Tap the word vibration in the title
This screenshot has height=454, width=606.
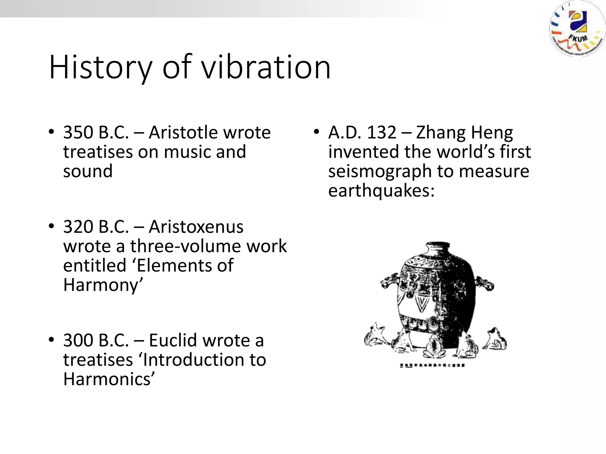point(266,67)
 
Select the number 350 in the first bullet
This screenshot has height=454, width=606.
point(78,132)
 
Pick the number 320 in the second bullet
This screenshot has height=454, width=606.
point(78,227)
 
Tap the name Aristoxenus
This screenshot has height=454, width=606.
point(196,227)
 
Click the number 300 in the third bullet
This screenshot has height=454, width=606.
point(78,340)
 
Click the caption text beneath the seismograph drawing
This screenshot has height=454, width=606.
point(432,366)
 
